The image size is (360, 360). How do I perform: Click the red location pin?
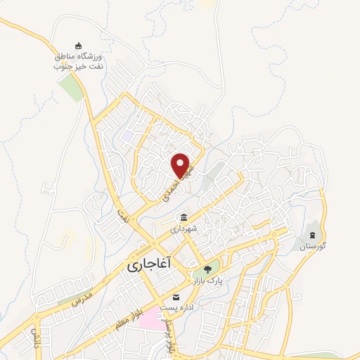(181, 164)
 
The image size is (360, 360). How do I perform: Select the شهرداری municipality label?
(184, 229)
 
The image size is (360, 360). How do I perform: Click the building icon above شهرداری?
(184, 217)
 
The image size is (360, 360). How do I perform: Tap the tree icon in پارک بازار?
(207, 269)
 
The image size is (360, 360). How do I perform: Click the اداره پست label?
(175, 308)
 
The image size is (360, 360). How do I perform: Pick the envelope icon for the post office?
(176, 296)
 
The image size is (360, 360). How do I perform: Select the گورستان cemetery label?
(314, 246)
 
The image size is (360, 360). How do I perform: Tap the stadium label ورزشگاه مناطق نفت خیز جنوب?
(79, 60)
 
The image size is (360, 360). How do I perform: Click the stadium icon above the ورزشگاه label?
(78, 44)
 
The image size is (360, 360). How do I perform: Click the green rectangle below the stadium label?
(70, 88)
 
